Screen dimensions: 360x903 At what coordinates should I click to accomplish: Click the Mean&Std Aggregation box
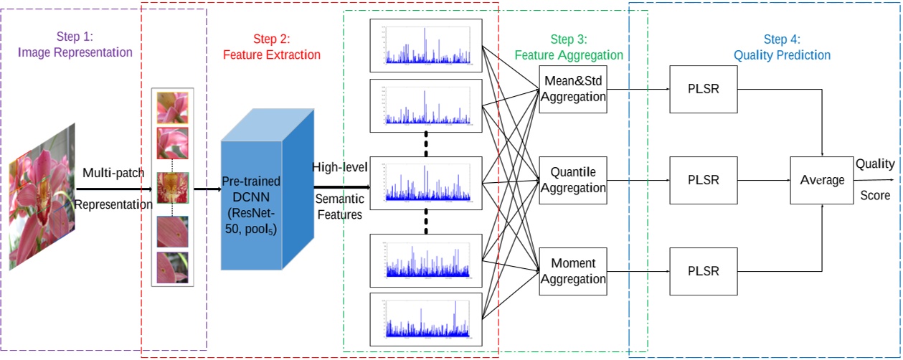(573, 90)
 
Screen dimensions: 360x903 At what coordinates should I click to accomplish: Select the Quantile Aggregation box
(573, 180)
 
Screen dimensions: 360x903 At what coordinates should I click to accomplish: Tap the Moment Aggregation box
(573, 271)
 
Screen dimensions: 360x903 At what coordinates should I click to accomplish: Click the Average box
(822, 180)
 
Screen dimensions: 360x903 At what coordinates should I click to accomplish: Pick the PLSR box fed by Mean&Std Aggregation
(704, 90)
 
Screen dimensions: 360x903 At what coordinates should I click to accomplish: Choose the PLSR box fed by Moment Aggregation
(704, 271)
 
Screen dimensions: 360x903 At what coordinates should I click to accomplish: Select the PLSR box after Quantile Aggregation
(704, 180)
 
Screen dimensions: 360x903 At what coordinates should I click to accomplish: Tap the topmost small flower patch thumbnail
(172, 108)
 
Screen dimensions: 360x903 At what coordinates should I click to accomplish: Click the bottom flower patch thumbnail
(172, 267)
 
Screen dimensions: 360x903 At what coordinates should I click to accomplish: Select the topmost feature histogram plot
(426, 44)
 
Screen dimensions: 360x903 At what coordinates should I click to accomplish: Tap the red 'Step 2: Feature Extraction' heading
(271, 47)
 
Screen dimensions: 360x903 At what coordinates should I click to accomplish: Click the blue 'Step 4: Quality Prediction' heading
(782, 47)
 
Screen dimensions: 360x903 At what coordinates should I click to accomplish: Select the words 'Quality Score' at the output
(874, 179)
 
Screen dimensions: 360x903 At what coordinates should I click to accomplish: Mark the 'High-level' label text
(339, 167)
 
